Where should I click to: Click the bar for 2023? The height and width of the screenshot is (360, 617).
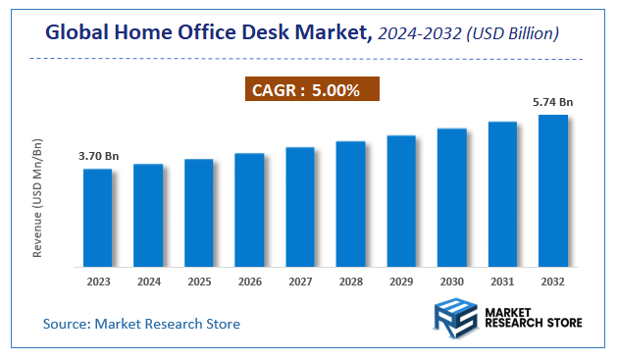pyautogui.click(x=97, y=217)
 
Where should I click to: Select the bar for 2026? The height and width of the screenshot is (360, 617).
pyautogui.click(x=249, y=209)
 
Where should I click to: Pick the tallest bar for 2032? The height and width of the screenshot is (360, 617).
pyautogui.click(x=552, y=190)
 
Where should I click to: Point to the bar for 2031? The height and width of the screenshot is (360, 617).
pyautogui.click(x=502, y=193)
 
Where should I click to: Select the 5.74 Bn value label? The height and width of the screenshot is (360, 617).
pyautogui.click(x=552, y=101)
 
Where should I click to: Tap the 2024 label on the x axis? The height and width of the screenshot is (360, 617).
pyautogui.click(x=148, y=282)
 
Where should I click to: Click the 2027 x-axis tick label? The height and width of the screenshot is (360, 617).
pyautogui.click(x=300, y=282)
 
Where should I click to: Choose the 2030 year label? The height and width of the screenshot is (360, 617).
pyautogui.click(x=451, y=282)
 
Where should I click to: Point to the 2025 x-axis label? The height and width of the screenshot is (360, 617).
pyautogui.click(x=198, y=282)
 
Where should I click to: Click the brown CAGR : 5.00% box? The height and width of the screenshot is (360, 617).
pyautogui.click(x=311, y=90)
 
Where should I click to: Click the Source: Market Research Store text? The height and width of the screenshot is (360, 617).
pyautogui.click(x=141, y=323)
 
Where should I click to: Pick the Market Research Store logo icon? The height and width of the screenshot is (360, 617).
pyautogui.click(x=453, y=321)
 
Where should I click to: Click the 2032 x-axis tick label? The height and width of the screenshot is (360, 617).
pyautogui.click(x=552, y=282)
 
